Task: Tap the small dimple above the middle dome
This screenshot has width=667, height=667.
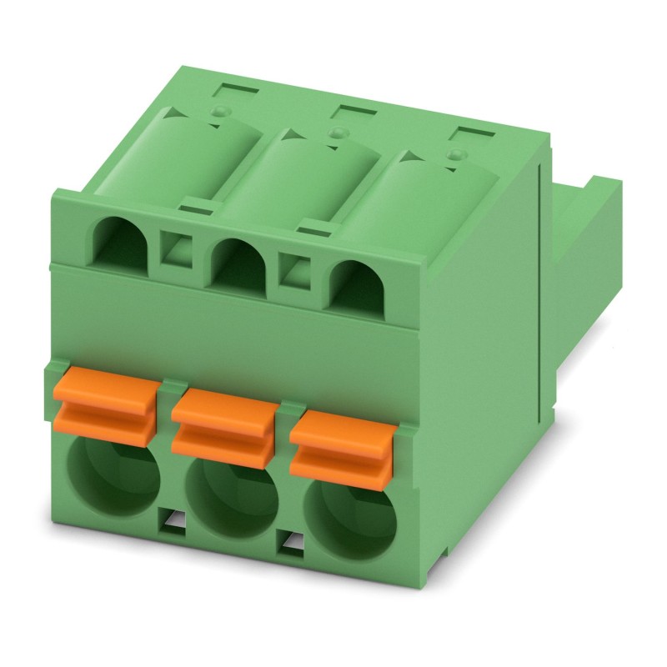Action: pyautogui.click(x=337, y=132)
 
